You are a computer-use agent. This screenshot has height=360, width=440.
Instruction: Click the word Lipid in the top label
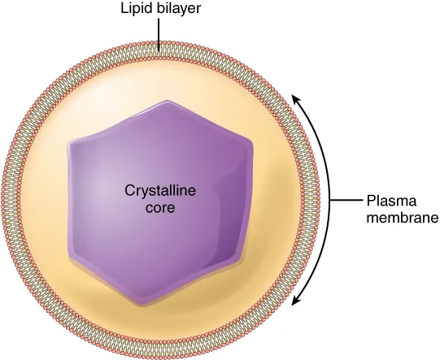[x=135, y=10]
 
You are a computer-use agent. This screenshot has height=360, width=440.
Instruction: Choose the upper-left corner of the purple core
[x=72, y=140]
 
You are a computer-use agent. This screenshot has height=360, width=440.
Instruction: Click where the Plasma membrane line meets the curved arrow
[x=329, y=200]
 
